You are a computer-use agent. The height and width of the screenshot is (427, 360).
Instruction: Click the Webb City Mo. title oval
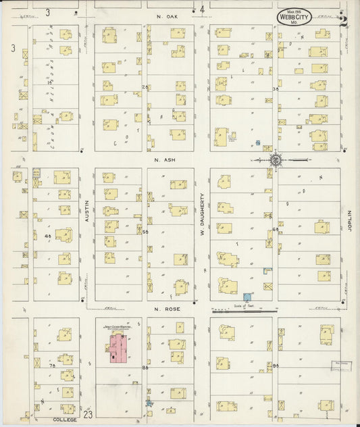tap(294, 17)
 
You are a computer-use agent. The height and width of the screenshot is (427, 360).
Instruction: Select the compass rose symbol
tap(276, 160)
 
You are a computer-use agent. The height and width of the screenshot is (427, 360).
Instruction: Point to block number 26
tap(145, 87)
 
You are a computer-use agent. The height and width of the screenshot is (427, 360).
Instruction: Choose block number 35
tap(276, 89)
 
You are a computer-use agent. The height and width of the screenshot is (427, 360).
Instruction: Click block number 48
tap(47, 236)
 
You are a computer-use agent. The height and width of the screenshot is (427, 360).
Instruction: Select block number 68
tap(276, 231)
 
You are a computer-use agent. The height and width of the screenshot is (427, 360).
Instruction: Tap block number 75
tap(51, 366)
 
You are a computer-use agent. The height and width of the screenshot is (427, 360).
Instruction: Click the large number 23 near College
tap(88, 413)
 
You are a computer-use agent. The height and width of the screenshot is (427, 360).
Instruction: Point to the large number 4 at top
tap(202, 9)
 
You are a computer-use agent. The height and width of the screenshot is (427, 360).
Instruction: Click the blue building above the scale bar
tap(247, 296)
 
